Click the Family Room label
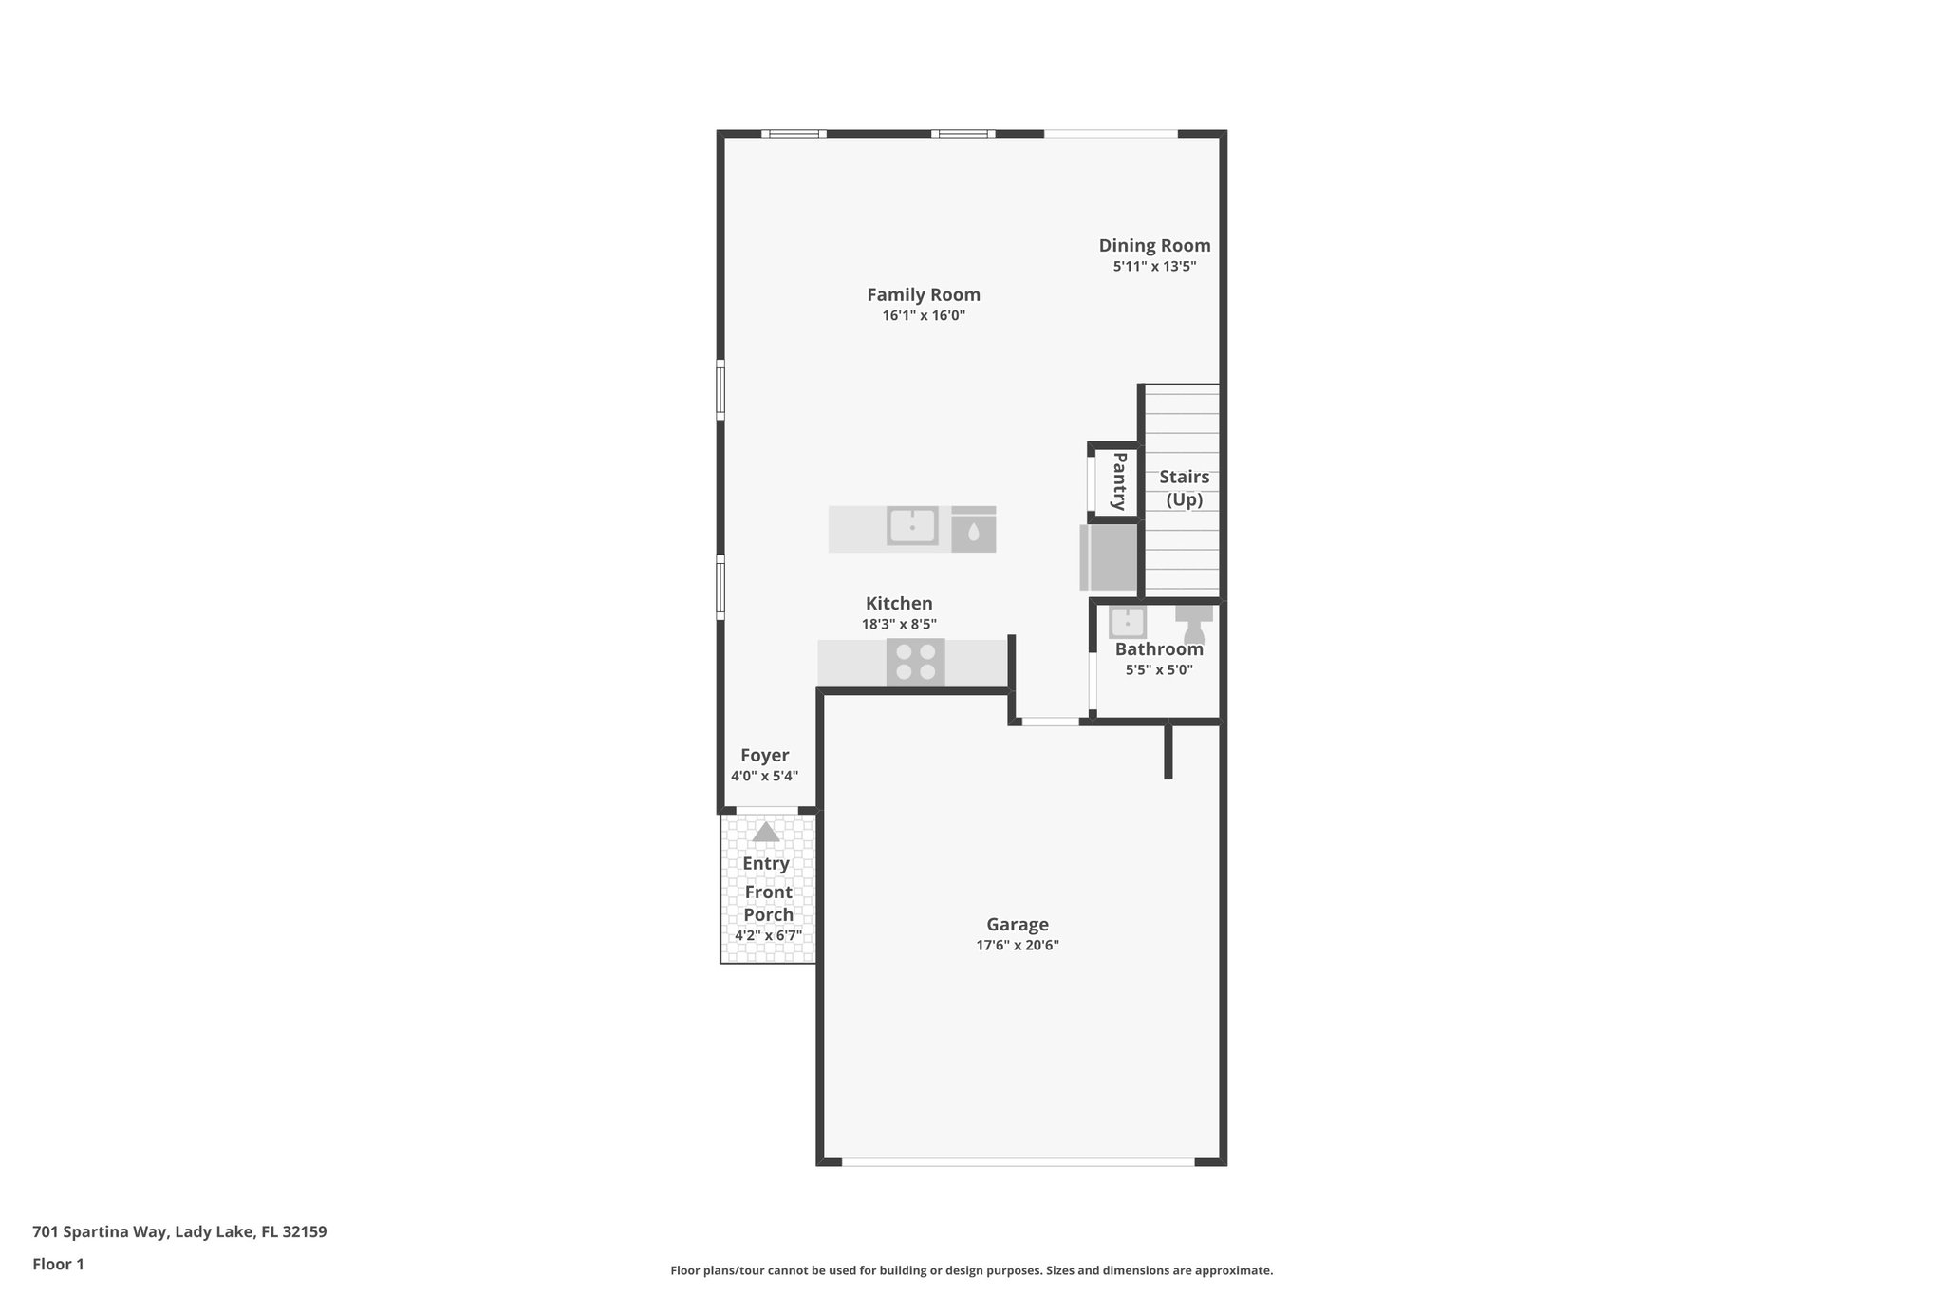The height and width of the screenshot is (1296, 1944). click(x=923, y=295)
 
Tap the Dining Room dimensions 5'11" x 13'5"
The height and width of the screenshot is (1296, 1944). click(x=1154, y=267)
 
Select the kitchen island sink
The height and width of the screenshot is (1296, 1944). click(x=912, y=526)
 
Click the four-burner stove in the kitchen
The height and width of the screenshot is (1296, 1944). click(x=915, y=662)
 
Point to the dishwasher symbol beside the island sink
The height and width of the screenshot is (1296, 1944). click(x=973, y=530)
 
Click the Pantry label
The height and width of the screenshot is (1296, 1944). click(x=1119, y=480)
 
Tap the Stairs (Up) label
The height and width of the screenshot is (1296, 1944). click(x=1184, y=488)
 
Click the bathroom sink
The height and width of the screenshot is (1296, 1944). click(x=1128, y=623)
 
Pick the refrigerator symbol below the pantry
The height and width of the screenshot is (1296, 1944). click(x=1109, y=557)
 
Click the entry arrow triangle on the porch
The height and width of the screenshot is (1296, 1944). click(x=766, y=833)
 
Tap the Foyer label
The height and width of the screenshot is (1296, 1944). click(x=764, y=756)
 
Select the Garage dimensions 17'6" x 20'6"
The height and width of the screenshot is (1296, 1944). click(x=1017, y=946)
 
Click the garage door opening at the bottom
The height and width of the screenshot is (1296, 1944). click(x=1018, y=1161)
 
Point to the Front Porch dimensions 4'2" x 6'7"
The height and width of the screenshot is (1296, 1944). click(x=768, y=935)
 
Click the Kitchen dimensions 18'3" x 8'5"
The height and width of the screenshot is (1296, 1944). click(x=899, y=625)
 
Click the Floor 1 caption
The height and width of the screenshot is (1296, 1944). click(x=58, y=1265)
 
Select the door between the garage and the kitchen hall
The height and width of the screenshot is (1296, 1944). click(x=1050, y=723)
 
